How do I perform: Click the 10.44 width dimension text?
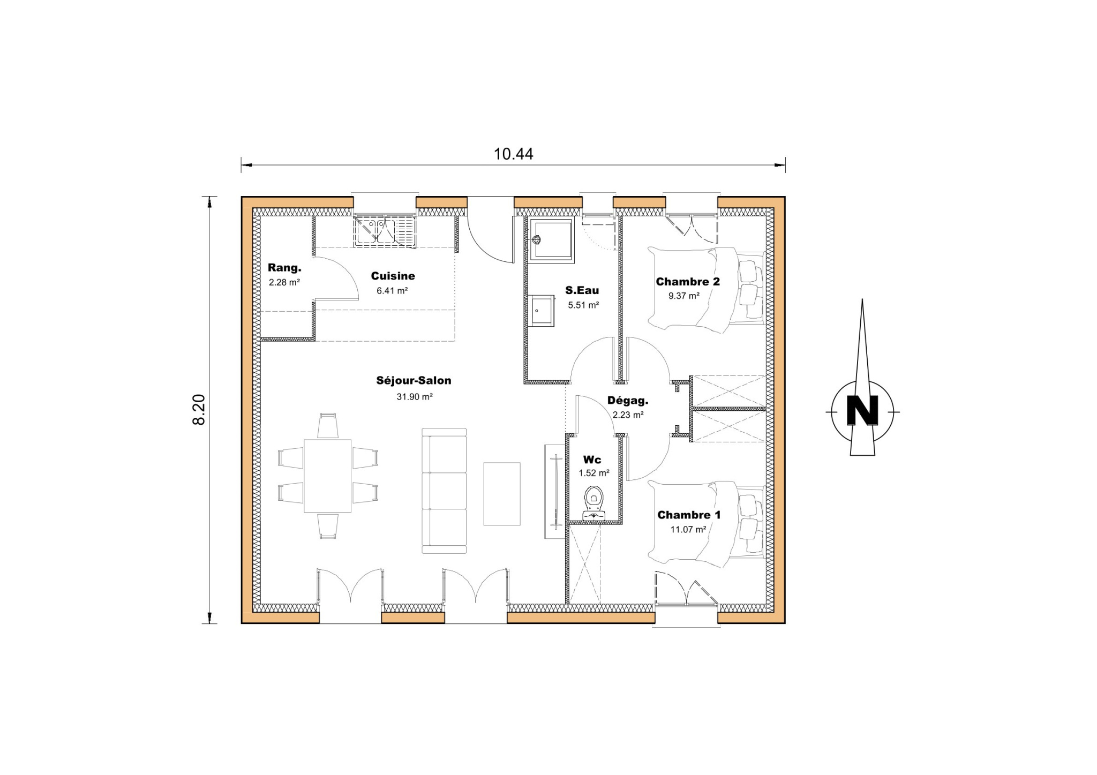pos(513,154)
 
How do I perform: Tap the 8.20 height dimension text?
pos(199,410)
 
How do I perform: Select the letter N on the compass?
pos(862,411)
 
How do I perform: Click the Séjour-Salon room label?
pos(414,381)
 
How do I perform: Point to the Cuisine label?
pos(393,276)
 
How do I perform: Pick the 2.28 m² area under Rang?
pos(284,282)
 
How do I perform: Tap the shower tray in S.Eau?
pos(551,239)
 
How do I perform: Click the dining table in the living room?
pos(328,476)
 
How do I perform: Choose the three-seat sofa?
pos(444,491)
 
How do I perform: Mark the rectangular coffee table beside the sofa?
pos(502,494)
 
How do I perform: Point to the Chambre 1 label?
pos(689,515)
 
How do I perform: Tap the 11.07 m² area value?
pos(688,530)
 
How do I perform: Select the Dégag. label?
pos(628,400)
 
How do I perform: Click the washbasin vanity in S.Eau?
pos(543,310)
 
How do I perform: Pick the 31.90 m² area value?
pos(415,397)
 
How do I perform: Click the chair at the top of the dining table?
pos(328,426)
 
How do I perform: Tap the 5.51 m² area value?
pos(583,305)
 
